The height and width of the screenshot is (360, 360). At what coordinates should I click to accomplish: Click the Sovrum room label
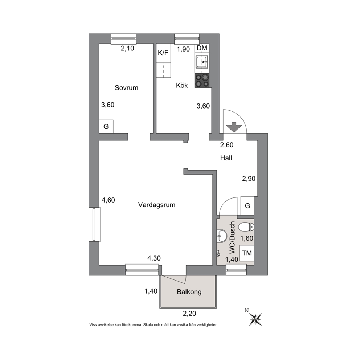click(127, 88)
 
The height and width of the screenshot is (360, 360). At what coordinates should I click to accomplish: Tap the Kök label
click(182, 85)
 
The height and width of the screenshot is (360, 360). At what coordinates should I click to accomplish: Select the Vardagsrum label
click(156, 205)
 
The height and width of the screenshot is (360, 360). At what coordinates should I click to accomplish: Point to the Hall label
click(226, 158)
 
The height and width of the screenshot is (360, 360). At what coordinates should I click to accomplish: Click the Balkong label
click(189, 292)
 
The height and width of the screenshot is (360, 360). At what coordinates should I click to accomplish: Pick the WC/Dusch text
click(232, 237)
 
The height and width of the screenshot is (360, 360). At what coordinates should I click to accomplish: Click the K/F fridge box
click(163, 53)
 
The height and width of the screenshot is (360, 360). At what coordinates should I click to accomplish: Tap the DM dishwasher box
click(202, 48)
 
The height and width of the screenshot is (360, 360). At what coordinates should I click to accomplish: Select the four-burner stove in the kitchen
click(202, 81)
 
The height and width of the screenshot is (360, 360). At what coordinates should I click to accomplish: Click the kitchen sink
click(202, 62)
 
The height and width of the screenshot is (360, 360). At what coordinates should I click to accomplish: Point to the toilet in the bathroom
click(246, 227)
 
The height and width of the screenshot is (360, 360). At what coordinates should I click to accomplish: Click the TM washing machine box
click(247, 253)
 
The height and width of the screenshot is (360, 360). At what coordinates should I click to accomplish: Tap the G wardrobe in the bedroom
click(106, 127)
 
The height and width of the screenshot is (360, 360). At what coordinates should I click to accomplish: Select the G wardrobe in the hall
click(247, 206)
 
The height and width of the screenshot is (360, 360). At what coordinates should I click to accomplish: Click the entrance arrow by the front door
click(234, 127)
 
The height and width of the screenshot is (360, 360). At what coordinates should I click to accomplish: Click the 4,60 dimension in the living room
click(109, 200)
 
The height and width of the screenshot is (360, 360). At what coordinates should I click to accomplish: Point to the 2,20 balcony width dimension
click(189, 314)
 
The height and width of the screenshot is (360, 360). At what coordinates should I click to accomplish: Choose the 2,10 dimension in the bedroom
click(127, 48)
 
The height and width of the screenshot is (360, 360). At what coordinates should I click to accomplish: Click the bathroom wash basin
click(221, 236)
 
